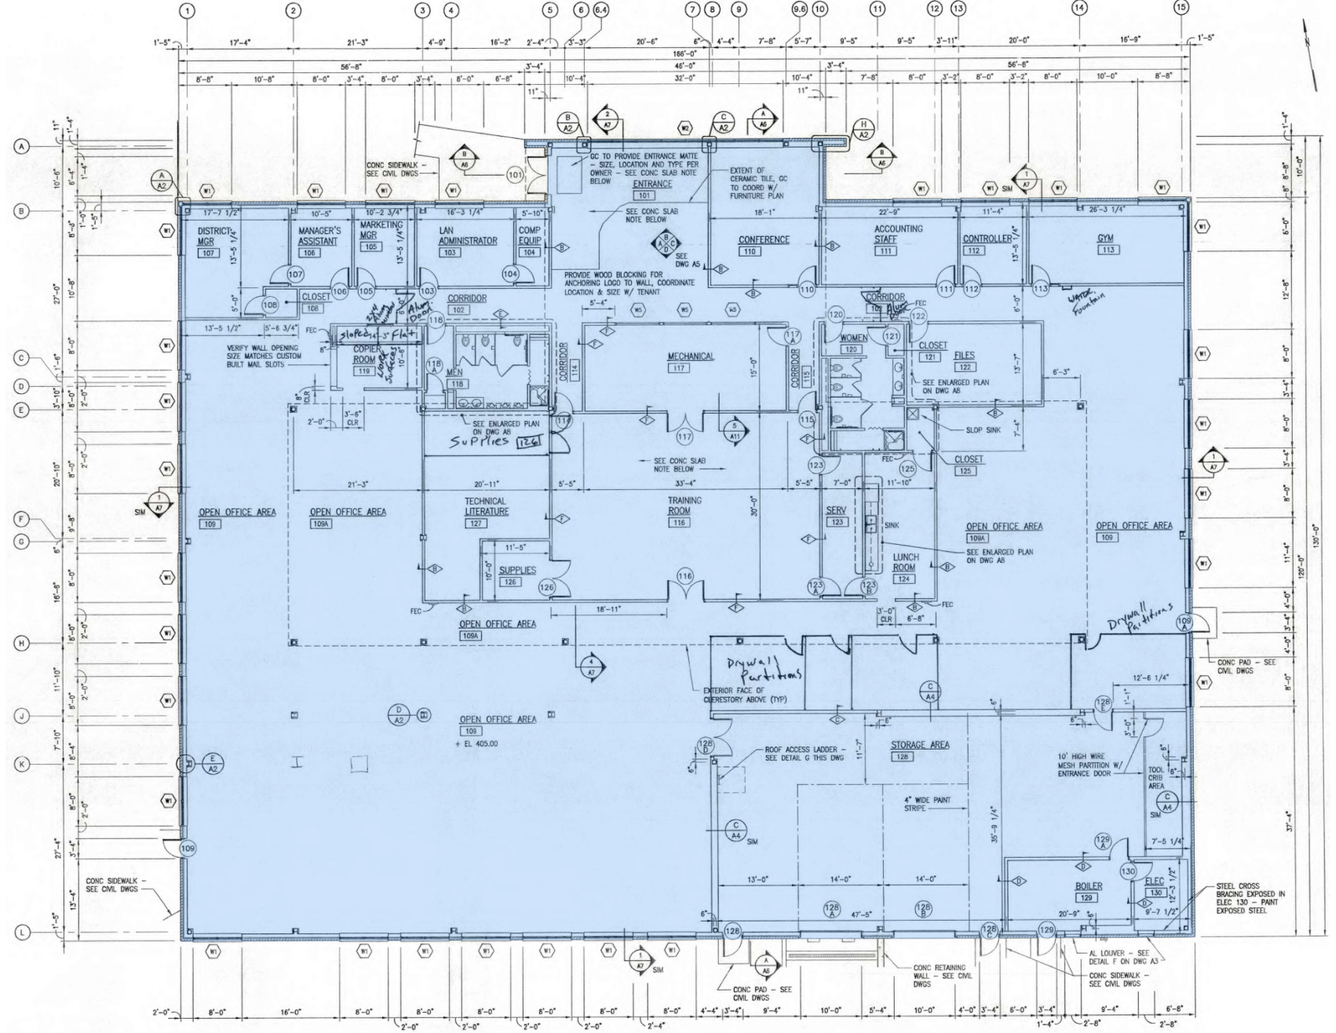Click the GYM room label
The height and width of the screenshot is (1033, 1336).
coord(1107,239)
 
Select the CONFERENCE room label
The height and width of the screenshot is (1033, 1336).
coord(764,239)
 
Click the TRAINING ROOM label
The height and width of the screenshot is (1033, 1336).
coord(684,506)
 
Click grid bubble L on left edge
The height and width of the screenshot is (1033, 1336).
coord(23,932)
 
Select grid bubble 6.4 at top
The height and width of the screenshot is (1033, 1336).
coord(600,10)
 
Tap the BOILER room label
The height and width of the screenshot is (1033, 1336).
coord(1089,886)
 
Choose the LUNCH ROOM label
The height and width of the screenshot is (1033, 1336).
coord(905,562)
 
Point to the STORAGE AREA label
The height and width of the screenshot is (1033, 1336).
coord(920,744)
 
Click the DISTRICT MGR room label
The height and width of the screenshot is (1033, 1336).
coord(207,236)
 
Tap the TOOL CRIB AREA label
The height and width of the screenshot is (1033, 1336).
coord(1156,777)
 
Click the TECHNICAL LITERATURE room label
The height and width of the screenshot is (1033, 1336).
coord(486,506)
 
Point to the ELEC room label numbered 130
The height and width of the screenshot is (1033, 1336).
coord(1155,882)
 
